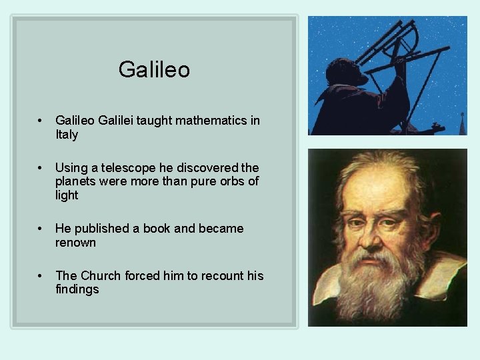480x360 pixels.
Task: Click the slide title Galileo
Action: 154,69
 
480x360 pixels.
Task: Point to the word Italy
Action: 67,135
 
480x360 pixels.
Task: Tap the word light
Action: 67,195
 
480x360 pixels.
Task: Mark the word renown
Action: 75,243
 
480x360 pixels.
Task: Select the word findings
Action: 77,289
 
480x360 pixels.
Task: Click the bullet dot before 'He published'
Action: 41,229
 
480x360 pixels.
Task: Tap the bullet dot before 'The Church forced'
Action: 41,276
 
